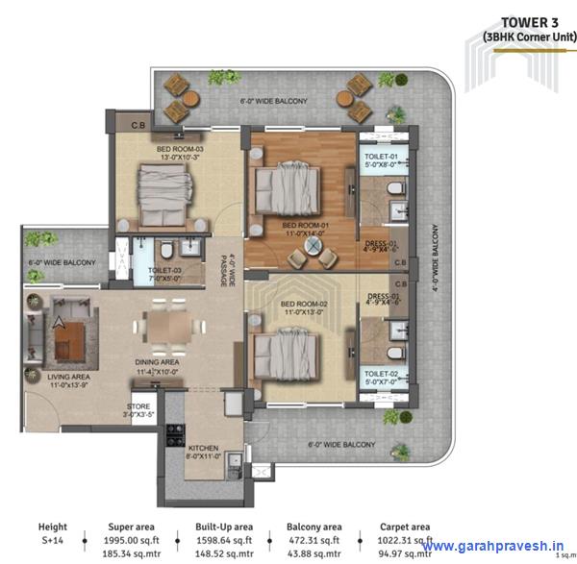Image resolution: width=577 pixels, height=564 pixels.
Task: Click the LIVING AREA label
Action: pyautogui.click(x=69, y=377)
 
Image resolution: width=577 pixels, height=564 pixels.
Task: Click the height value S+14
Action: pyautogui.click(x=52, y=541)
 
